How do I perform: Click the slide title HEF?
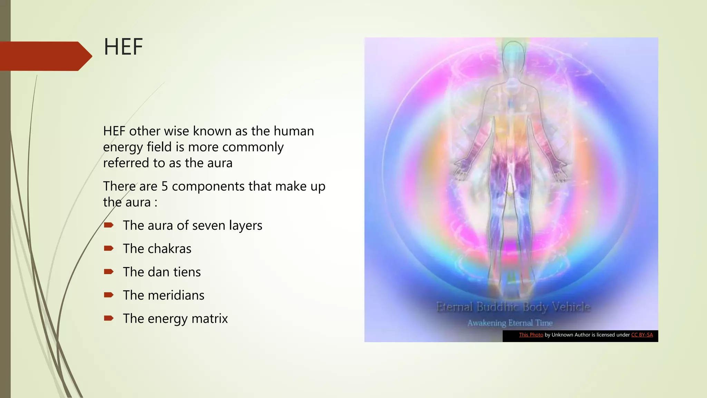pos(123,47)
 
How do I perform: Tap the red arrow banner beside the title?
pos(45,56)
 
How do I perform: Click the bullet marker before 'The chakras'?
pos(109,248)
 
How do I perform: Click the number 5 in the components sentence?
pos(165,187)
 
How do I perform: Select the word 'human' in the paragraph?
pos(293,131)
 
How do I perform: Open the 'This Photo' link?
pos(531,335)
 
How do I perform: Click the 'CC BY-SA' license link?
pos(642,335)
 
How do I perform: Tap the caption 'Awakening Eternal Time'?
pos(510,323)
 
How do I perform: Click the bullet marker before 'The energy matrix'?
pos(109,318)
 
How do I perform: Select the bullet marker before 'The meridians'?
pos(109,295)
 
